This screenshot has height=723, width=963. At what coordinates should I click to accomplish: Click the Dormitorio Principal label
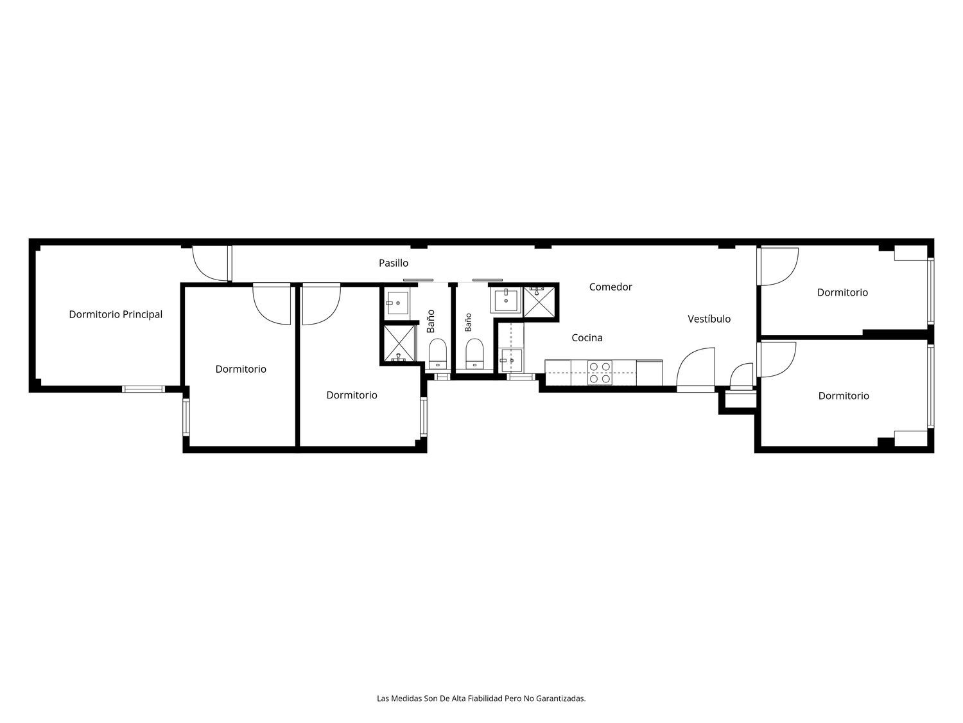click(x=116, y=315)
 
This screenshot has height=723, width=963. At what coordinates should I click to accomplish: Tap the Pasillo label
click(x=394, y=263)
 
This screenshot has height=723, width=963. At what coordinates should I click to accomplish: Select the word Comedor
click(x=611, y=287)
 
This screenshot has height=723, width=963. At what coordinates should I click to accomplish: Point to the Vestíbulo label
click(x=709, y=319)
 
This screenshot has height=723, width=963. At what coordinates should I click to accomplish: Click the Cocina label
click(x=587, y=338)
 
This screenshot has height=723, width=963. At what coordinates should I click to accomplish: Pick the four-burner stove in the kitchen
click(x=600, y=373)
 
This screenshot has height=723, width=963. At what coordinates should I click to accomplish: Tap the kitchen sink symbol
click(x=512, y=361)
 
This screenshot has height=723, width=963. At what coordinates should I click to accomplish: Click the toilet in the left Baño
click(x=437, y=353)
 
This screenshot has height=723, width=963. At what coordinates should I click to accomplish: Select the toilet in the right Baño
click(x=474, y=353)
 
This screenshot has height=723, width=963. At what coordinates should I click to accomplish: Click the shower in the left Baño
click(x=399, y=344)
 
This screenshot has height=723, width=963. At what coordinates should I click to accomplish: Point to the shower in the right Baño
click(x=539, y=302)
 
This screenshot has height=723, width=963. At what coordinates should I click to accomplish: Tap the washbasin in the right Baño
click(x=507, y=300)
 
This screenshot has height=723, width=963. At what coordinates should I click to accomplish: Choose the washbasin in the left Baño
click(x=397, y=303)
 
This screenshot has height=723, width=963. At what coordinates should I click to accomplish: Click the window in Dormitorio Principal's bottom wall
click(x=143, y=389)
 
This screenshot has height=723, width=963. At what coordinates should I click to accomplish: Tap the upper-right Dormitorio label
click(x=842, y=292)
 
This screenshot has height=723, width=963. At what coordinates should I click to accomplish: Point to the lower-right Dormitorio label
click(x=843, y=396)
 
